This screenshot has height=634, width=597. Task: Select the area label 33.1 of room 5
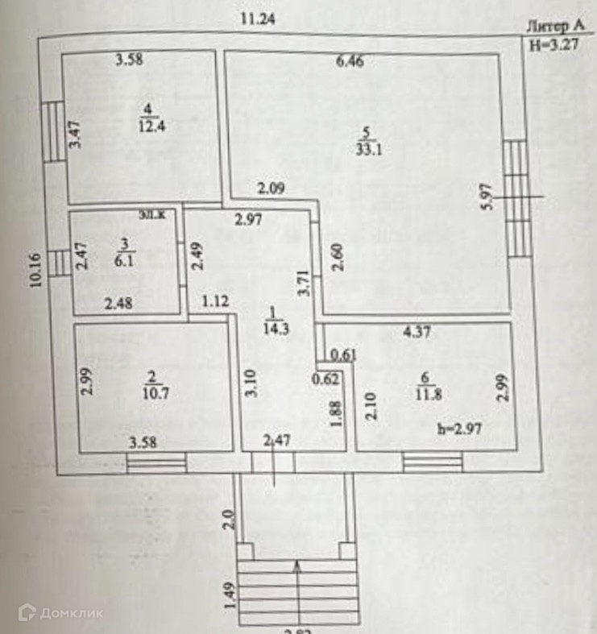pos(365,147)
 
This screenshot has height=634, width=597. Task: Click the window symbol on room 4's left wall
pos(52,131)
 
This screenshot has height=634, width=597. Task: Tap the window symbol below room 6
pos(433,462)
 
